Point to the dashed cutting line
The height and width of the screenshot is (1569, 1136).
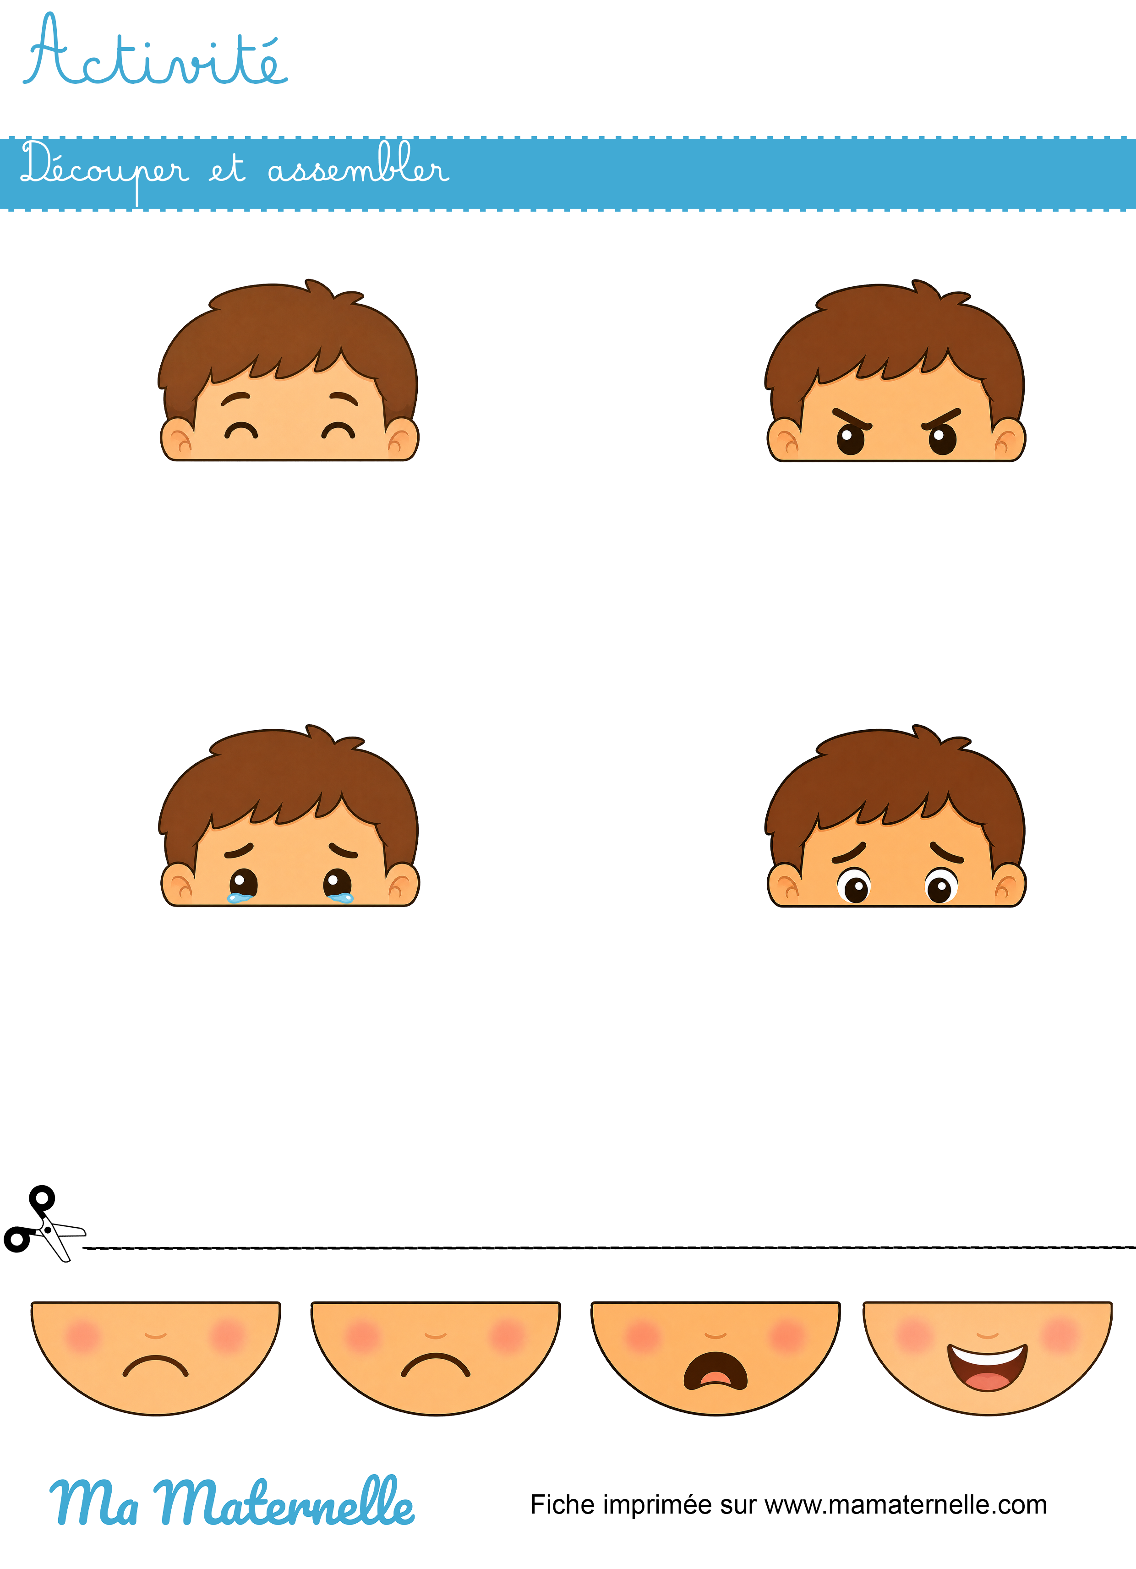click(x=609, y=1247)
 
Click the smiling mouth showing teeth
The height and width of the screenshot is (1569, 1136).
click(x=987, y=1367)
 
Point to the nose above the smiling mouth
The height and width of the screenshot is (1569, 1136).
click(x=987, y=1335)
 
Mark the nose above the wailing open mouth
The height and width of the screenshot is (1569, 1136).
click(x=715, y=1335)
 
